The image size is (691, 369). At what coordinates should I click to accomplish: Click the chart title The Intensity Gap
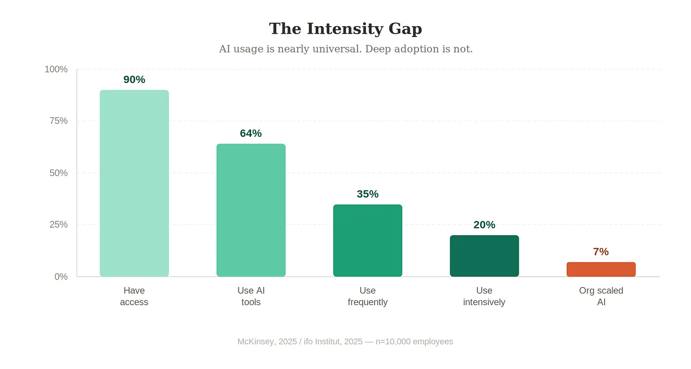tap(345, 29)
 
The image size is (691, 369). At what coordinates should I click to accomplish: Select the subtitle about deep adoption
tap(345, 49)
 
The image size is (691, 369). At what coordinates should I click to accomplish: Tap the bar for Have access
tap(134, 183)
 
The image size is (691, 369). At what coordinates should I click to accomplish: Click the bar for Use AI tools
tap(251, 210)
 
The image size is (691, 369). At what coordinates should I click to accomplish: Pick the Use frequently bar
tap(368, 241)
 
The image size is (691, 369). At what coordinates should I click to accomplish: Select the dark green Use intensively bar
tap(484, 256)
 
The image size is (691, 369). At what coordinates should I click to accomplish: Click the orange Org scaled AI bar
tap(601, 270)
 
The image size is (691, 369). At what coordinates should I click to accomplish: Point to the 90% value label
tap(134, 80)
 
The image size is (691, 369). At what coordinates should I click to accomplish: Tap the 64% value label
tap(251, 133)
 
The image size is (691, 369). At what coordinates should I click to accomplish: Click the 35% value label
tap(368, 194)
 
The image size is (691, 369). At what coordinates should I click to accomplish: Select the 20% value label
tap(484, 225)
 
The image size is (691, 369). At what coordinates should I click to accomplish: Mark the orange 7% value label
tap(601, 252)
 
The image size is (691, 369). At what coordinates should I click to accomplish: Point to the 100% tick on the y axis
tap(56, 69)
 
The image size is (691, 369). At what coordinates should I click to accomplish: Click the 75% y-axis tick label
tap(58, 121)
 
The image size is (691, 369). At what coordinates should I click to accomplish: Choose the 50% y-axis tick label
tap(58, 173)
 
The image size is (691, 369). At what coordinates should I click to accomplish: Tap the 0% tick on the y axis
tap(61, 277)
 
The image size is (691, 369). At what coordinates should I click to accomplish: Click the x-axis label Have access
tap(134, 296)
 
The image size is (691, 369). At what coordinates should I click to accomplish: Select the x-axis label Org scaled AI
tap(601, 296)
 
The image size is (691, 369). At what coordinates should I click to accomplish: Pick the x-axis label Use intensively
tap(484, 296)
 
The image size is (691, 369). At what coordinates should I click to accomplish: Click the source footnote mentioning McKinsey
tap(345, 341)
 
